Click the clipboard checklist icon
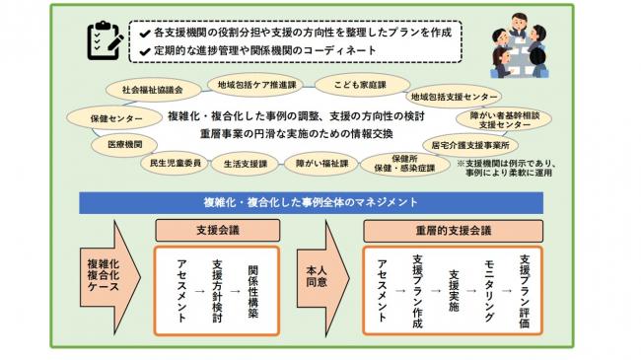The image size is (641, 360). pos(104,38)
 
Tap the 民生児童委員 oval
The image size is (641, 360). pos(176,162)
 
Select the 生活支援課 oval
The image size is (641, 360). pos(246,164)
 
